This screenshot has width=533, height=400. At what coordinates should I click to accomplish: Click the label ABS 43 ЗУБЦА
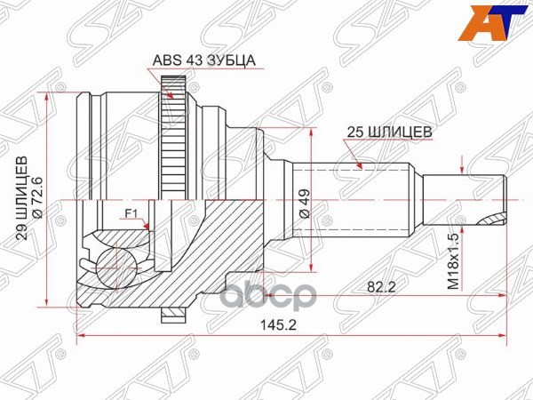click(193, 60)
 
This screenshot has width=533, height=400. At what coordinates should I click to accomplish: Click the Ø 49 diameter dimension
click(303, 205)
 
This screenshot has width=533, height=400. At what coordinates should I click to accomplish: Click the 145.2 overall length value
click(285, 325)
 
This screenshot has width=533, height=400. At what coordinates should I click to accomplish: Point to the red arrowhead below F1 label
click(146, 228)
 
